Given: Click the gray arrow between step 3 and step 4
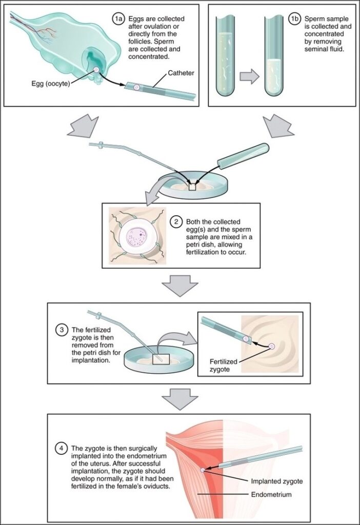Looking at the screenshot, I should point(179,399).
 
